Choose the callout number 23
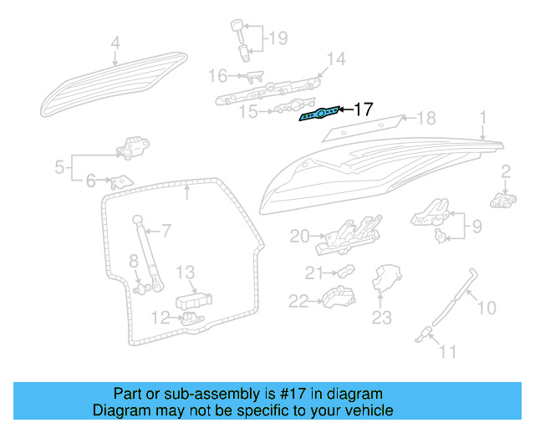[381, 317]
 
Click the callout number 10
[486, 308]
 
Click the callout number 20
[299, 237]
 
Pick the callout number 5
[59, 167]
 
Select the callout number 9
[477, 225]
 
